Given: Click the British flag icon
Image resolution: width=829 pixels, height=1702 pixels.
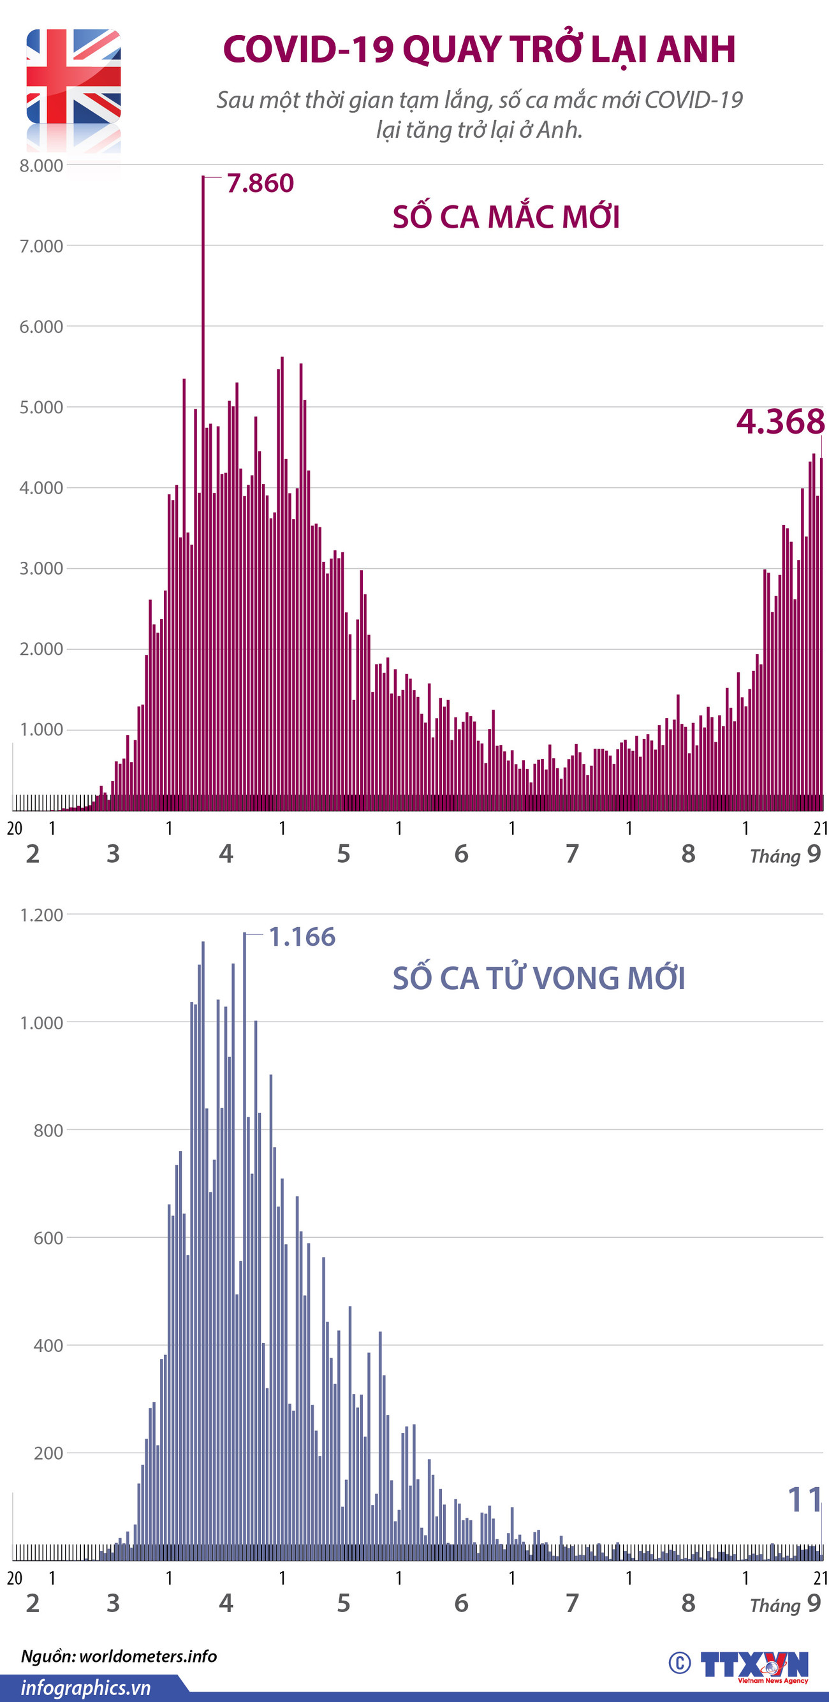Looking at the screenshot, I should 73,77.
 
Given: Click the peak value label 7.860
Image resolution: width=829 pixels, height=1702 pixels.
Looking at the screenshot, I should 260,184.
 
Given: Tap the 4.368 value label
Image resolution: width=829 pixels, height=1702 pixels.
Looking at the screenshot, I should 780,422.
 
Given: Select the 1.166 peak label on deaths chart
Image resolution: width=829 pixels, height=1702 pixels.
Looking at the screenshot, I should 302,937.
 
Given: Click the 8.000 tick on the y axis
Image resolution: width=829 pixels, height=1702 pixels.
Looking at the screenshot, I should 41,165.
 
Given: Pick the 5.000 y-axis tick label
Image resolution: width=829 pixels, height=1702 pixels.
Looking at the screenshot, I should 41,407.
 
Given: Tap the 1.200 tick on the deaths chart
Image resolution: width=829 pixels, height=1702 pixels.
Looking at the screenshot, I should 41,915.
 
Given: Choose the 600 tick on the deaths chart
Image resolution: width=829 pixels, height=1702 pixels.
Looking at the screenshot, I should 48,1238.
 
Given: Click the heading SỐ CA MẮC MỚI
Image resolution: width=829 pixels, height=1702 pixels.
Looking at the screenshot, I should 506,217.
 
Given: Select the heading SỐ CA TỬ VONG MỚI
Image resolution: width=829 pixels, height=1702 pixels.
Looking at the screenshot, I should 538,978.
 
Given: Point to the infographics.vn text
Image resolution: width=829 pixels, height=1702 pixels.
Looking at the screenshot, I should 86,1687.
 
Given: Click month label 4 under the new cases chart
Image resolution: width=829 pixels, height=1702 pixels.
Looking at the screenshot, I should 226,854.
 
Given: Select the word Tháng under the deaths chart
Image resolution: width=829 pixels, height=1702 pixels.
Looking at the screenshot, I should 775,1605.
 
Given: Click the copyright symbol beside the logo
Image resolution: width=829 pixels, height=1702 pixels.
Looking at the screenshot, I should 679,1662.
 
